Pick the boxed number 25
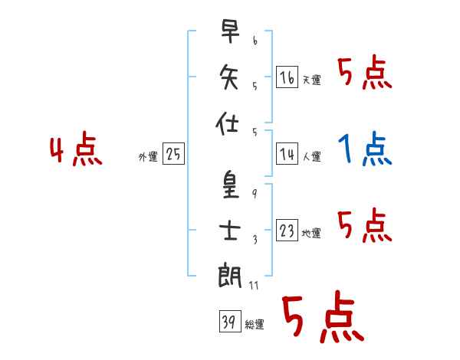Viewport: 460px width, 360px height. pos(173,155)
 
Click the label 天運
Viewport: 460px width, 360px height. pos(311,80)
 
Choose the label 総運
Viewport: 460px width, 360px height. pos(254,325)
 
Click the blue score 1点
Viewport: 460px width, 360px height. pos(364,150)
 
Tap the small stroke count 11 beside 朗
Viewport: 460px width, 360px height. pos(255,286)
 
